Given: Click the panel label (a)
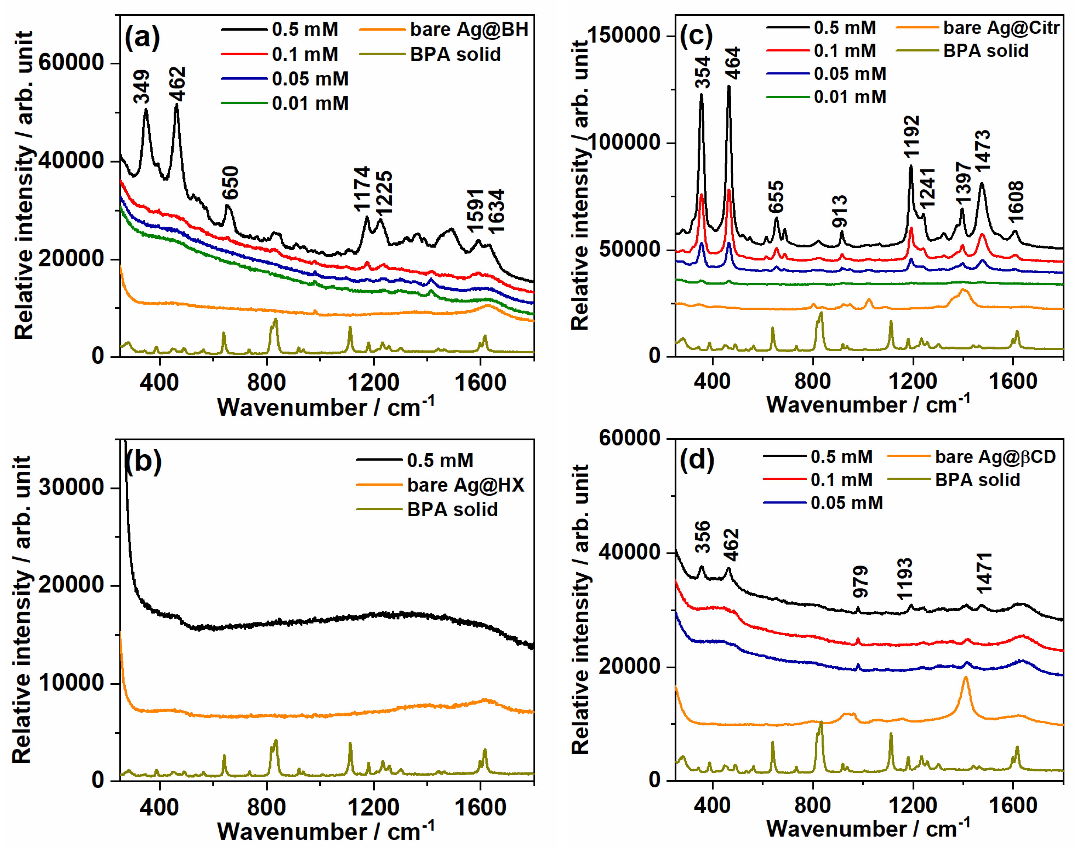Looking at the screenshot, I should [x=142, y=37].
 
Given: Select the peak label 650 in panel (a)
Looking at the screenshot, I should [x=231, y=183].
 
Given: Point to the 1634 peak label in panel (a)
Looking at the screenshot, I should [x=496, y=211].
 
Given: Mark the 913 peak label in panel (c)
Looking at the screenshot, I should [x=840, y=211].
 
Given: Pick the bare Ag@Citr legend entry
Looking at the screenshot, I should [x=1001, y=28].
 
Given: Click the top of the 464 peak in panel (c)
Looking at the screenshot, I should [x=729, y=87].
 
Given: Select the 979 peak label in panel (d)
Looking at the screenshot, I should [x=860, y=581].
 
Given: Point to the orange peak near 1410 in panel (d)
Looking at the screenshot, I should [x=966, y=678].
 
